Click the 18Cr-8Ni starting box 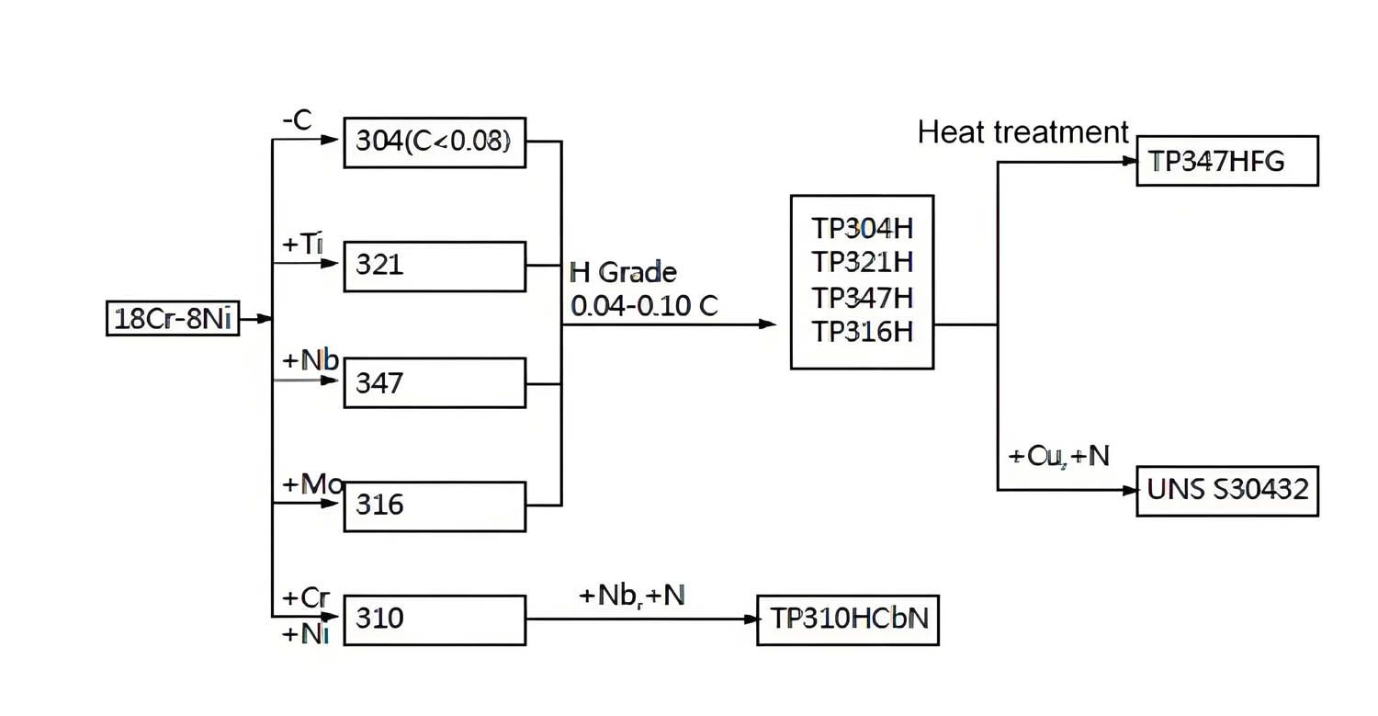point(173,319)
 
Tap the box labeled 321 point(435,267)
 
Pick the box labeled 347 point(435,382)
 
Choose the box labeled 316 point(435,506)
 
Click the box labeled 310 point(435,619)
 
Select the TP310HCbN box point(848,619)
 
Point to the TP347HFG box point(1227,161)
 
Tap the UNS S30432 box point(1227,490)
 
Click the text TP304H point(862,228)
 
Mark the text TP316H point(862,331)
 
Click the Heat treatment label point(1022,133)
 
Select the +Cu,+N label point(1058,456)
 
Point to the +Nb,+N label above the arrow point(632,596)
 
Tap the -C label point(297,119)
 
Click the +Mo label point(311,484)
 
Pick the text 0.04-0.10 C point(644,307)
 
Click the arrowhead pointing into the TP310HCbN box point(750,619)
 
